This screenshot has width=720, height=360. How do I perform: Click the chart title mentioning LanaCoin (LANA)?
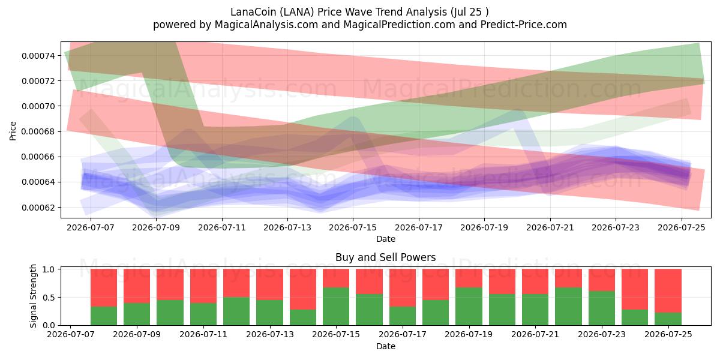[359, 12]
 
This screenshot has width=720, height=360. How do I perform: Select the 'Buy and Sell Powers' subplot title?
[385, 257]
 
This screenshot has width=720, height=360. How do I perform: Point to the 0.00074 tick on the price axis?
[38, 56]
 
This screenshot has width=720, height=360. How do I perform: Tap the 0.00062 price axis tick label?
[38, 208]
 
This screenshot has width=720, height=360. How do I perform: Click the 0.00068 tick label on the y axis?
[38, 132]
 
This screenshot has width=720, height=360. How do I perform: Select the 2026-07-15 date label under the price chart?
[353, 227]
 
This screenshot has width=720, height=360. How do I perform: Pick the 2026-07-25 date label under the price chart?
[682, 227]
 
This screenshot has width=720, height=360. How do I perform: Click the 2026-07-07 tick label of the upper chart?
[91, 227]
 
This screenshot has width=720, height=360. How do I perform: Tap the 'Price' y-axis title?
[13, 131]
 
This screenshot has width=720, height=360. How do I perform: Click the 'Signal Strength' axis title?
[33, 296]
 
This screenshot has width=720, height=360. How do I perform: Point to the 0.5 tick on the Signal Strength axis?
[49, 298]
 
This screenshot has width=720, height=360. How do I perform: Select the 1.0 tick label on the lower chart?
[49, 269]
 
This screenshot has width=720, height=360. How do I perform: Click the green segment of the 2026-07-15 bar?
[336, 306]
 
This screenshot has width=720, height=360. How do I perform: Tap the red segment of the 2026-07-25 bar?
[668, 290]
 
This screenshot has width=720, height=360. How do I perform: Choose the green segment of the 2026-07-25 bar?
[668, 319]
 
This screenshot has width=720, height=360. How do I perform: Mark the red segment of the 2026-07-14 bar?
[303, 289]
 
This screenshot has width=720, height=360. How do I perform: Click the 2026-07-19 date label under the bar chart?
[469, 334]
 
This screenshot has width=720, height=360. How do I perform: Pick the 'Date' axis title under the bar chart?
[386, 346]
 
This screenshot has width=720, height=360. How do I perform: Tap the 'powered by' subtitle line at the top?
[359, 25]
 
